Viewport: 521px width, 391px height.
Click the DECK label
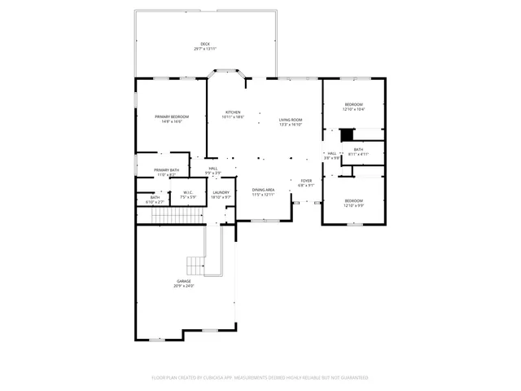coord(205,44)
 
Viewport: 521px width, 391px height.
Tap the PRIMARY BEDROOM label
coord(172,116)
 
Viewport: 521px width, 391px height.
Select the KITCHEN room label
coord(233,112)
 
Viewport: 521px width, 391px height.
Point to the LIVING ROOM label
coord(291,120)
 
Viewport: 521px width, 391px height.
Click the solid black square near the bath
coord(346,135)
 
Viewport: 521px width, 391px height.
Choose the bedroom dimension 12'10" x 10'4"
coord(353,109)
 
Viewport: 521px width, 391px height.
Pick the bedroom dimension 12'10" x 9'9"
coord(353,205)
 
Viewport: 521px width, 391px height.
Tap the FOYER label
coord(306,181)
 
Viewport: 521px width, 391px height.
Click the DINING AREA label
coord(263,189)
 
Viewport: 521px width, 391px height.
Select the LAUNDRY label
coord(221,192)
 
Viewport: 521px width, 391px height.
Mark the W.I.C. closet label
coord(187,192)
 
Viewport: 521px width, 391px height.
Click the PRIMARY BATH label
coord(167,169)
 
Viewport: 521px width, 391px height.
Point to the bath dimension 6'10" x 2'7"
coord(155,201)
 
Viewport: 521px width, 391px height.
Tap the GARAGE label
coord(183,281)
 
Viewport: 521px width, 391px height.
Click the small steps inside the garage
coord(196,266)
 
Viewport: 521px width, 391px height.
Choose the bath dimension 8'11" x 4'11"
coord(358,154)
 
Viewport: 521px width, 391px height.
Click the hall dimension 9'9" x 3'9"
coord(212,173)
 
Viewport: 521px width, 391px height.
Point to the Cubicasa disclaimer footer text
coord(260,377)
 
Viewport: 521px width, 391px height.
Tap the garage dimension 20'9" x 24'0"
coord(183,286)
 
